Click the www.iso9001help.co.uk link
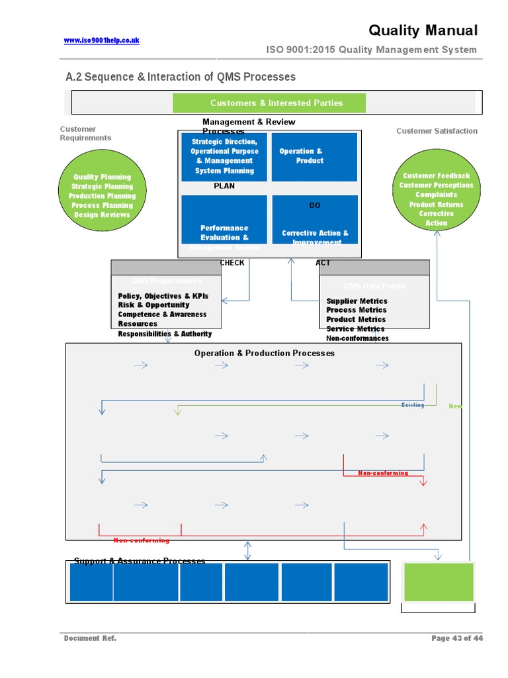pos(101,40)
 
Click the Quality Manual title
pos(423,30)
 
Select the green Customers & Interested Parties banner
pos(269,103)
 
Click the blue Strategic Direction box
pos(224,156)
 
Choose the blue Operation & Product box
pos(314,156)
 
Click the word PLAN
pos(224,186)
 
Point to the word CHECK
pos(232,263)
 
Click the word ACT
pos(323,263)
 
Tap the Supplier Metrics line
pos(357,301)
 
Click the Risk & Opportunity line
pos(153,305)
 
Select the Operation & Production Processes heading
pos(264,354)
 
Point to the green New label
pos(455,406)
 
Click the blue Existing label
pos(413,405)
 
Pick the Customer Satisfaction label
pos(437,131)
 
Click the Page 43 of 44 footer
pos(456,638)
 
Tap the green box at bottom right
pos(439,582)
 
